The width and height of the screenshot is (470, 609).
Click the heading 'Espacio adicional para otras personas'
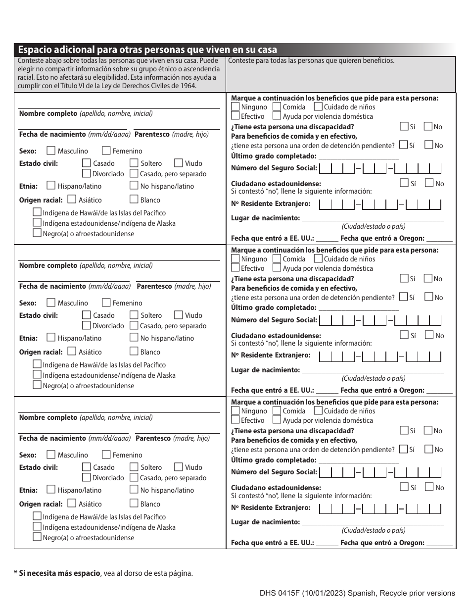pos(147,50)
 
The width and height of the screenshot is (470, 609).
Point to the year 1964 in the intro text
pos(187,86)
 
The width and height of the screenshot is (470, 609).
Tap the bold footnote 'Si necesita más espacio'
pos(59,573)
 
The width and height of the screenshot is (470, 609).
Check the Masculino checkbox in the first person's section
pos(50,151)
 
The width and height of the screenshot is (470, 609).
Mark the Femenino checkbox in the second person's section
pos(106,303)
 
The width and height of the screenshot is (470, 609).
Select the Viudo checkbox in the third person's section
pos(178,467)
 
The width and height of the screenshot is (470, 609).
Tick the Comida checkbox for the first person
pos(277,106)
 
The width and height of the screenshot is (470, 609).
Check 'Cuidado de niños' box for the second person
pos(318,258)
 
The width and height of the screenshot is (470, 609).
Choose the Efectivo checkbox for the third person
pos(235,420)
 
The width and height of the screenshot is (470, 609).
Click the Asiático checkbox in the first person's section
pos(71,200)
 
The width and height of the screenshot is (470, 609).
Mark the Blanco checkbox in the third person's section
pos(134,504)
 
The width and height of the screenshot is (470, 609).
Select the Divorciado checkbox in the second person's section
pos(86,325)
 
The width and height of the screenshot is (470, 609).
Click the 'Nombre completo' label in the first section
pos(48,113)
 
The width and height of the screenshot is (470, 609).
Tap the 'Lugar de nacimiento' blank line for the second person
pos(373,370)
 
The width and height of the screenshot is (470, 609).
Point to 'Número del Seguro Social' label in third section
pos(274,472)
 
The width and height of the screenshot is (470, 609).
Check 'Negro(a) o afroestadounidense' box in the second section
pos(37,385)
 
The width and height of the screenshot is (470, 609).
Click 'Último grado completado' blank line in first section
pos(359,156)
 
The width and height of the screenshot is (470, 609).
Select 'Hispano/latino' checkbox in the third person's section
pos(50,490)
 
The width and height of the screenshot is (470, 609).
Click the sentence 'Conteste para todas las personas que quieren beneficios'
pos(312,61)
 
